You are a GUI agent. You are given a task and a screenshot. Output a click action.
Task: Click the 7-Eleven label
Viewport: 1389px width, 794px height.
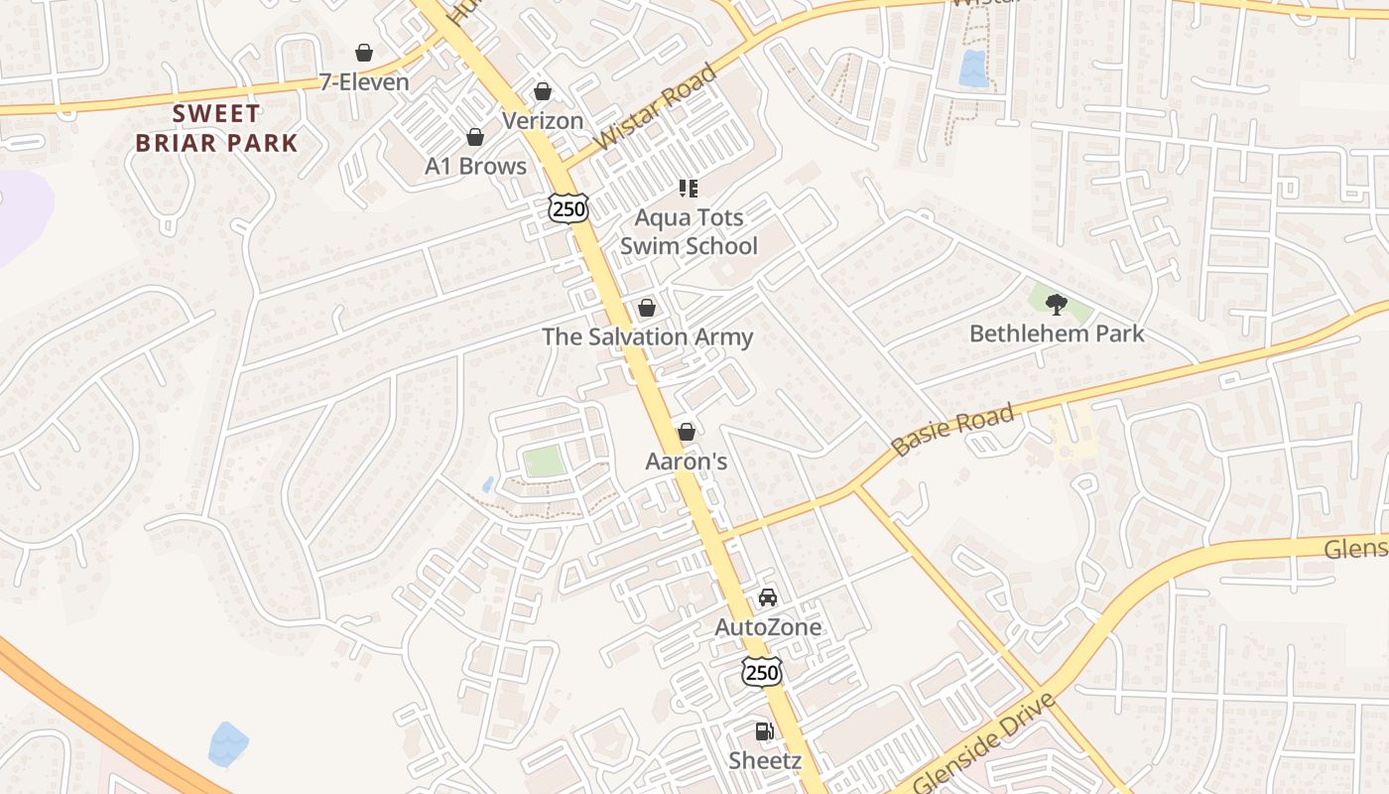(x=364, y=82)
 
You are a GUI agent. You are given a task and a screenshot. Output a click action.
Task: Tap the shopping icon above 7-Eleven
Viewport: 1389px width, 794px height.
(x=364, y=53)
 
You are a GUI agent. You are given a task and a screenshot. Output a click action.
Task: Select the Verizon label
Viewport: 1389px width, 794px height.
(x=543, y=121)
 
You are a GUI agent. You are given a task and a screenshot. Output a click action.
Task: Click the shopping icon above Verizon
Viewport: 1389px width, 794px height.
(x=543, y=92)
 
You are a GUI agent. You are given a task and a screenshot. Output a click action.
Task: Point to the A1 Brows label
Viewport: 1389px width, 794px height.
(x=476, y=166)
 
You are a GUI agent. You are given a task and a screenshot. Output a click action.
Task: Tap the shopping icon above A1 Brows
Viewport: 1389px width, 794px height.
(x=475, y=137)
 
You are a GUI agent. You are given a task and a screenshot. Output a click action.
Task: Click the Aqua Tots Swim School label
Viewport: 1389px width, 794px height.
(x=689, y=231)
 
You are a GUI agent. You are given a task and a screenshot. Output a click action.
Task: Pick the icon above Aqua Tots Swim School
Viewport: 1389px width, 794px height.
(x=688, y=188)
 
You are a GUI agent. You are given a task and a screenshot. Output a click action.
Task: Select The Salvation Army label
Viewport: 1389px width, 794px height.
(x=647, y=337)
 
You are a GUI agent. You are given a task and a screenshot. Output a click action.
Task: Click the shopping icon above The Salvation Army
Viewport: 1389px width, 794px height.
(x=647, y=309)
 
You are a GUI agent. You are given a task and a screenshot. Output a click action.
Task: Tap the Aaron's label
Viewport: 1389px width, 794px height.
(x=687, y=462)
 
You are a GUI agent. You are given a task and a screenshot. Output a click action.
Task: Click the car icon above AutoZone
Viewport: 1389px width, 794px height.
(x=768, y=597)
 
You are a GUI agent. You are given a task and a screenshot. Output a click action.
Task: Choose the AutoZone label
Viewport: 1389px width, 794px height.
(x=768, y=627)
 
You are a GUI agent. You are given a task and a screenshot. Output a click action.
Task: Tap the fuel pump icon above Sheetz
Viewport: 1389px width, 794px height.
(x=764, y=731)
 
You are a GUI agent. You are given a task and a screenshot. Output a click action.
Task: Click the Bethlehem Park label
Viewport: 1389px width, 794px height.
(x=1057, y=333)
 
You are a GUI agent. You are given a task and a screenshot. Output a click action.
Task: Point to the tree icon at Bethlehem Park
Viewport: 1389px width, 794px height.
(x=1057, y=305)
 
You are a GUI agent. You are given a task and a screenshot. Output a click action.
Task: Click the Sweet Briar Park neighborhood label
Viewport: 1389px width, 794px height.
(x=216, y=128)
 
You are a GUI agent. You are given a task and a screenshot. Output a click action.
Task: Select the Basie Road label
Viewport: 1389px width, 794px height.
(x=953, y=429)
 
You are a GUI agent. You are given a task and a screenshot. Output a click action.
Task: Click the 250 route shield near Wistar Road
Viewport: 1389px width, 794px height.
(x=568, y=207)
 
